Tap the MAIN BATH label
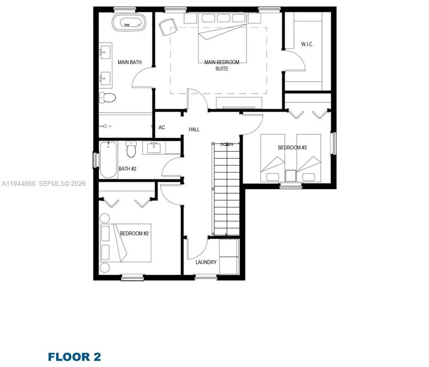pyautogui.click(x=129, y=62)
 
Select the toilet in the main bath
pyautogui.click(x=108, y=98)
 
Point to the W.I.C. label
pyautogui.click(x=307, y=44)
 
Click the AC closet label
pyautogui.click(x=162, y=128)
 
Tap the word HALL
pyautogui.click(x=194, y=129)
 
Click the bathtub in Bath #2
pyautogui.click(x=108, y=160)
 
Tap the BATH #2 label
pyautogui.click(x=128, y=169)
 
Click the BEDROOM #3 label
pyautogui.click(x=292, y=148)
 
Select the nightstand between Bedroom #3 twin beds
pyautogui.click(x=290, y=176)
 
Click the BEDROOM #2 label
pyautogui.click(x=134, y=234)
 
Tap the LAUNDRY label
pyautogui.click(x=206, y=262)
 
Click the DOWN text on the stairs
pyautogui.click(x=227, y=144)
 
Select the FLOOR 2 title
pyautogui.click(x=74, y=356)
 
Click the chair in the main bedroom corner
pyautogui.click(x=167, y=26)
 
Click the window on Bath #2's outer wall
pyautogui.click(x=96, y=160)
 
